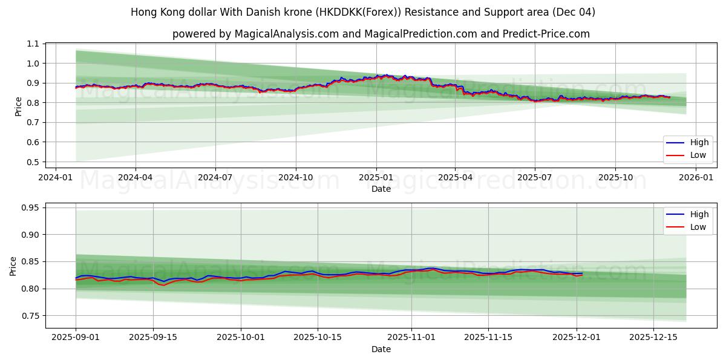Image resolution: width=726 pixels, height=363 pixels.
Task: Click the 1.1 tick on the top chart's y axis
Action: point(33,44)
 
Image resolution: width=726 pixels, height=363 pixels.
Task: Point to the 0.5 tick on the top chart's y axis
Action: point(33,162)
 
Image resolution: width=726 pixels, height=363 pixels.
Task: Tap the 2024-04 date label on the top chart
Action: point(135,178)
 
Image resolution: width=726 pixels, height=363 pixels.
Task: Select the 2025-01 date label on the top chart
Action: point(376,178)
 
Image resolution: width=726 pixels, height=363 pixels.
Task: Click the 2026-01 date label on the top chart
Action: point(696,178)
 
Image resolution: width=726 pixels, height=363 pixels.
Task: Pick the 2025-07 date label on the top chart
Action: point(535,178)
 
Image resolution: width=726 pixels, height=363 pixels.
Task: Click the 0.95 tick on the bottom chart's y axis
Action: point(30,208)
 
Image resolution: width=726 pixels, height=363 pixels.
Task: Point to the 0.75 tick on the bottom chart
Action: point(30,316)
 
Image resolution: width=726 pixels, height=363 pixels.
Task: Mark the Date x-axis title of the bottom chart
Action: point(381,350)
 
